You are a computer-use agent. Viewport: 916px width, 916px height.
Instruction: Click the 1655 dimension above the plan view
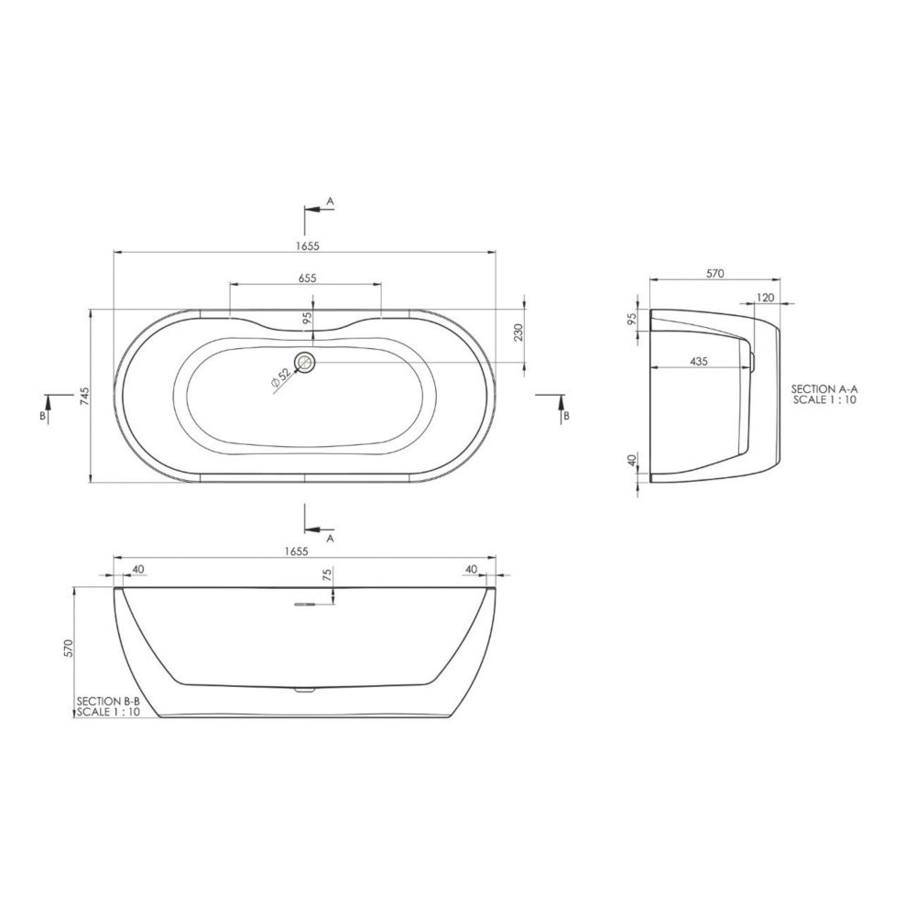307,245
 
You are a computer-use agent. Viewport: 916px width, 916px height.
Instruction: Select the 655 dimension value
307,278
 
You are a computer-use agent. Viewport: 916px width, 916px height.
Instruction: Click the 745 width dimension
85,396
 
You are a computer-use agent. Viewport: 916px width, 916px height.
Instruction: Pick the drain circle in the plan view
305,362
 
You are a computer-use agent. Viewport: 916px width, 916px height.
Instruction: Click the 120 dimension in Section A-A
765,298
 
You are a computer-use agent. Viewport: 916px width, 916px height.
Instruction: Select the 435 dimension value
699,362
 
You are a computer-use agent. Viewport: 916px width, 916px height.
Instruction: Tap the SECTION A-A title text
824,389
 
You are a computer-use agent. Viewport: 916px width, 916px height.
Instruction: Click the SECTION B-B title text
109,702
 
